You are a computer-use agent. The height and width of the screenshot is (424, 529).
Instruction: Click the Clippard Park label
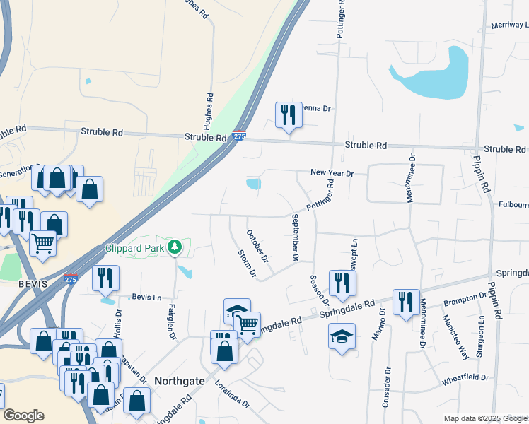click(x=134, y=248)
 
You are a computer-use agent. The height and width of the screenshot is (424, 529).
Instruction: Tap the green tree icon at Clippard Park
click(x=174, y=247)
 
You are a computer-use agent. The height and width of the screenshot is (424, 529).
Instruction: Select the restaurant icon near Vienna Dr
click(x=288, y=114)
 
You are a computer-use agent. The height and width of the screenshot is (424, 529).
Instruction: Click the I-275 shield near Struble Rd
click(x=240, y=136)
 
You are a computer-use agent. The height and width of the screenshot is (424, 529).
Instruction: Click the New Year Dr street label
click(x=332, y=173)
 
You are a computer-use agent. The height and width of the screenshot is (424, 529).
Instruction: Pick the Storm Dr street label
click(x=246, y=262)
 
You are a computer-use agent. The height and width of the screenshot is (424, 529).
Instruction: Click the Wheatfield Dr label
click(x=465, y=377)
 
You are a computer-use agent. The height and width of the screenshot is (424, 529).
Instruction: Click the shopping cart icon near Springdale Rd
click(x=247, y=324)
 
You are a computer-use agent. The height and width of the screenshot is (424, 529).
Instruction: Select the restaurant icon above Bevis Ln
click(x=105, y=278)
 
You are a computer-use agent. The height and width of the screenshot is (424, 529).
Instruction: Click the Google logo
click(x=23, y=416)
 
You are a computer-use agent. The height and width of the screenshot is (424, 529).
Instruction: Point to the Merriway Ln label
click(x=509, y=25)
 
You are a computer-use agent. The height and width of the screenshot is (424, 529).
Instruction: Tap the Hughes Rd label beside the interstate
click(x=209, y=110)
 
